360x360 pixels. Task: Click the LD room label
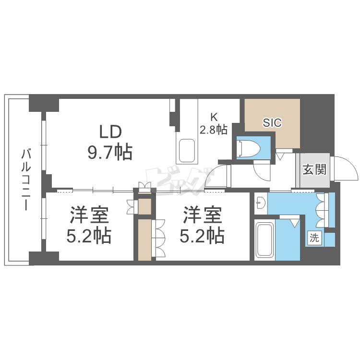pos(111,131)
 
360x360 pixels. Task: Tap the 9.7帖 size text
pos(110,152)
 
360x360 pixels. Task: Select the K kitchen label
pos(214,117)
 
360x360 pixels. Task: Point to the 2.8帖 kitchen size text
pos(214,130)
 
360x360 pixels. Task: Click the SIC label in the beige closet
pos(272,123)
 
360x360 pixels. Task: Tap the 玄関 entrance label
pos(315,169)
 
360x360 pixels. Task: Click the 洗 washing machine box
pos(314,237)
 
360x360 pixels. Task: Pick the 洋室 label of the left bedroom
pos(90,215)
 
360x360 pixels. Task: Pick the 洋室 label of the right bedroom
pos(202,215)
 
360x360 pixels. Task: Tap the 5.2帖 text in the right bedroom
pos(202,236)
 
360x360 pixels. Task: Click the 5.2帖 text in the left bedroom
pos(90,236)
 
